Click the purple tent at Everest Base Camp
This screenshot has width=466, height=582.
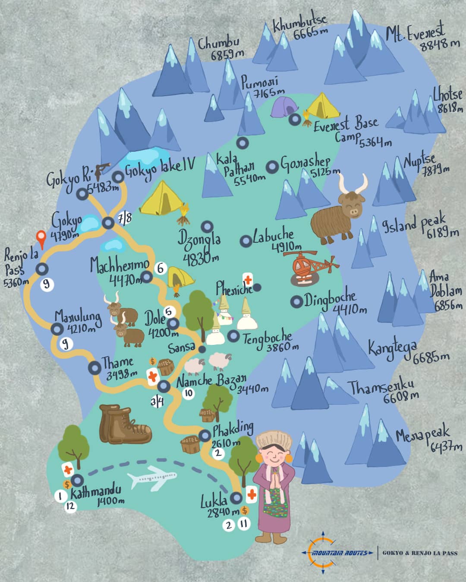coord(284,107)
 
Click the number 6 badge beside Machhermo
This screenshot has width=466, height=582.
coord(161,268)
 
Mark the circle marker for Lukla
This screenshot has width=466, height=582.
coord(236,498)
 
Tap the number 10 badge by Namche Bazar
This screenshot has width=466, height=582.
coord(188,393)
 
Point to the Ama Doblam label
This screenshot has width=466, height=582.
coord(444,285)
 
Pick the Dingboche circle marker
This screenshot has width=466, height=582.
coord(296,302)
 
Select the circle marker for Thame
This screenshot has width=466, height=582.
coord(94,368)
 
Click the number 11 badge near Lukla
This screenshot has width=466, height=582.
coord(245,524)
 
